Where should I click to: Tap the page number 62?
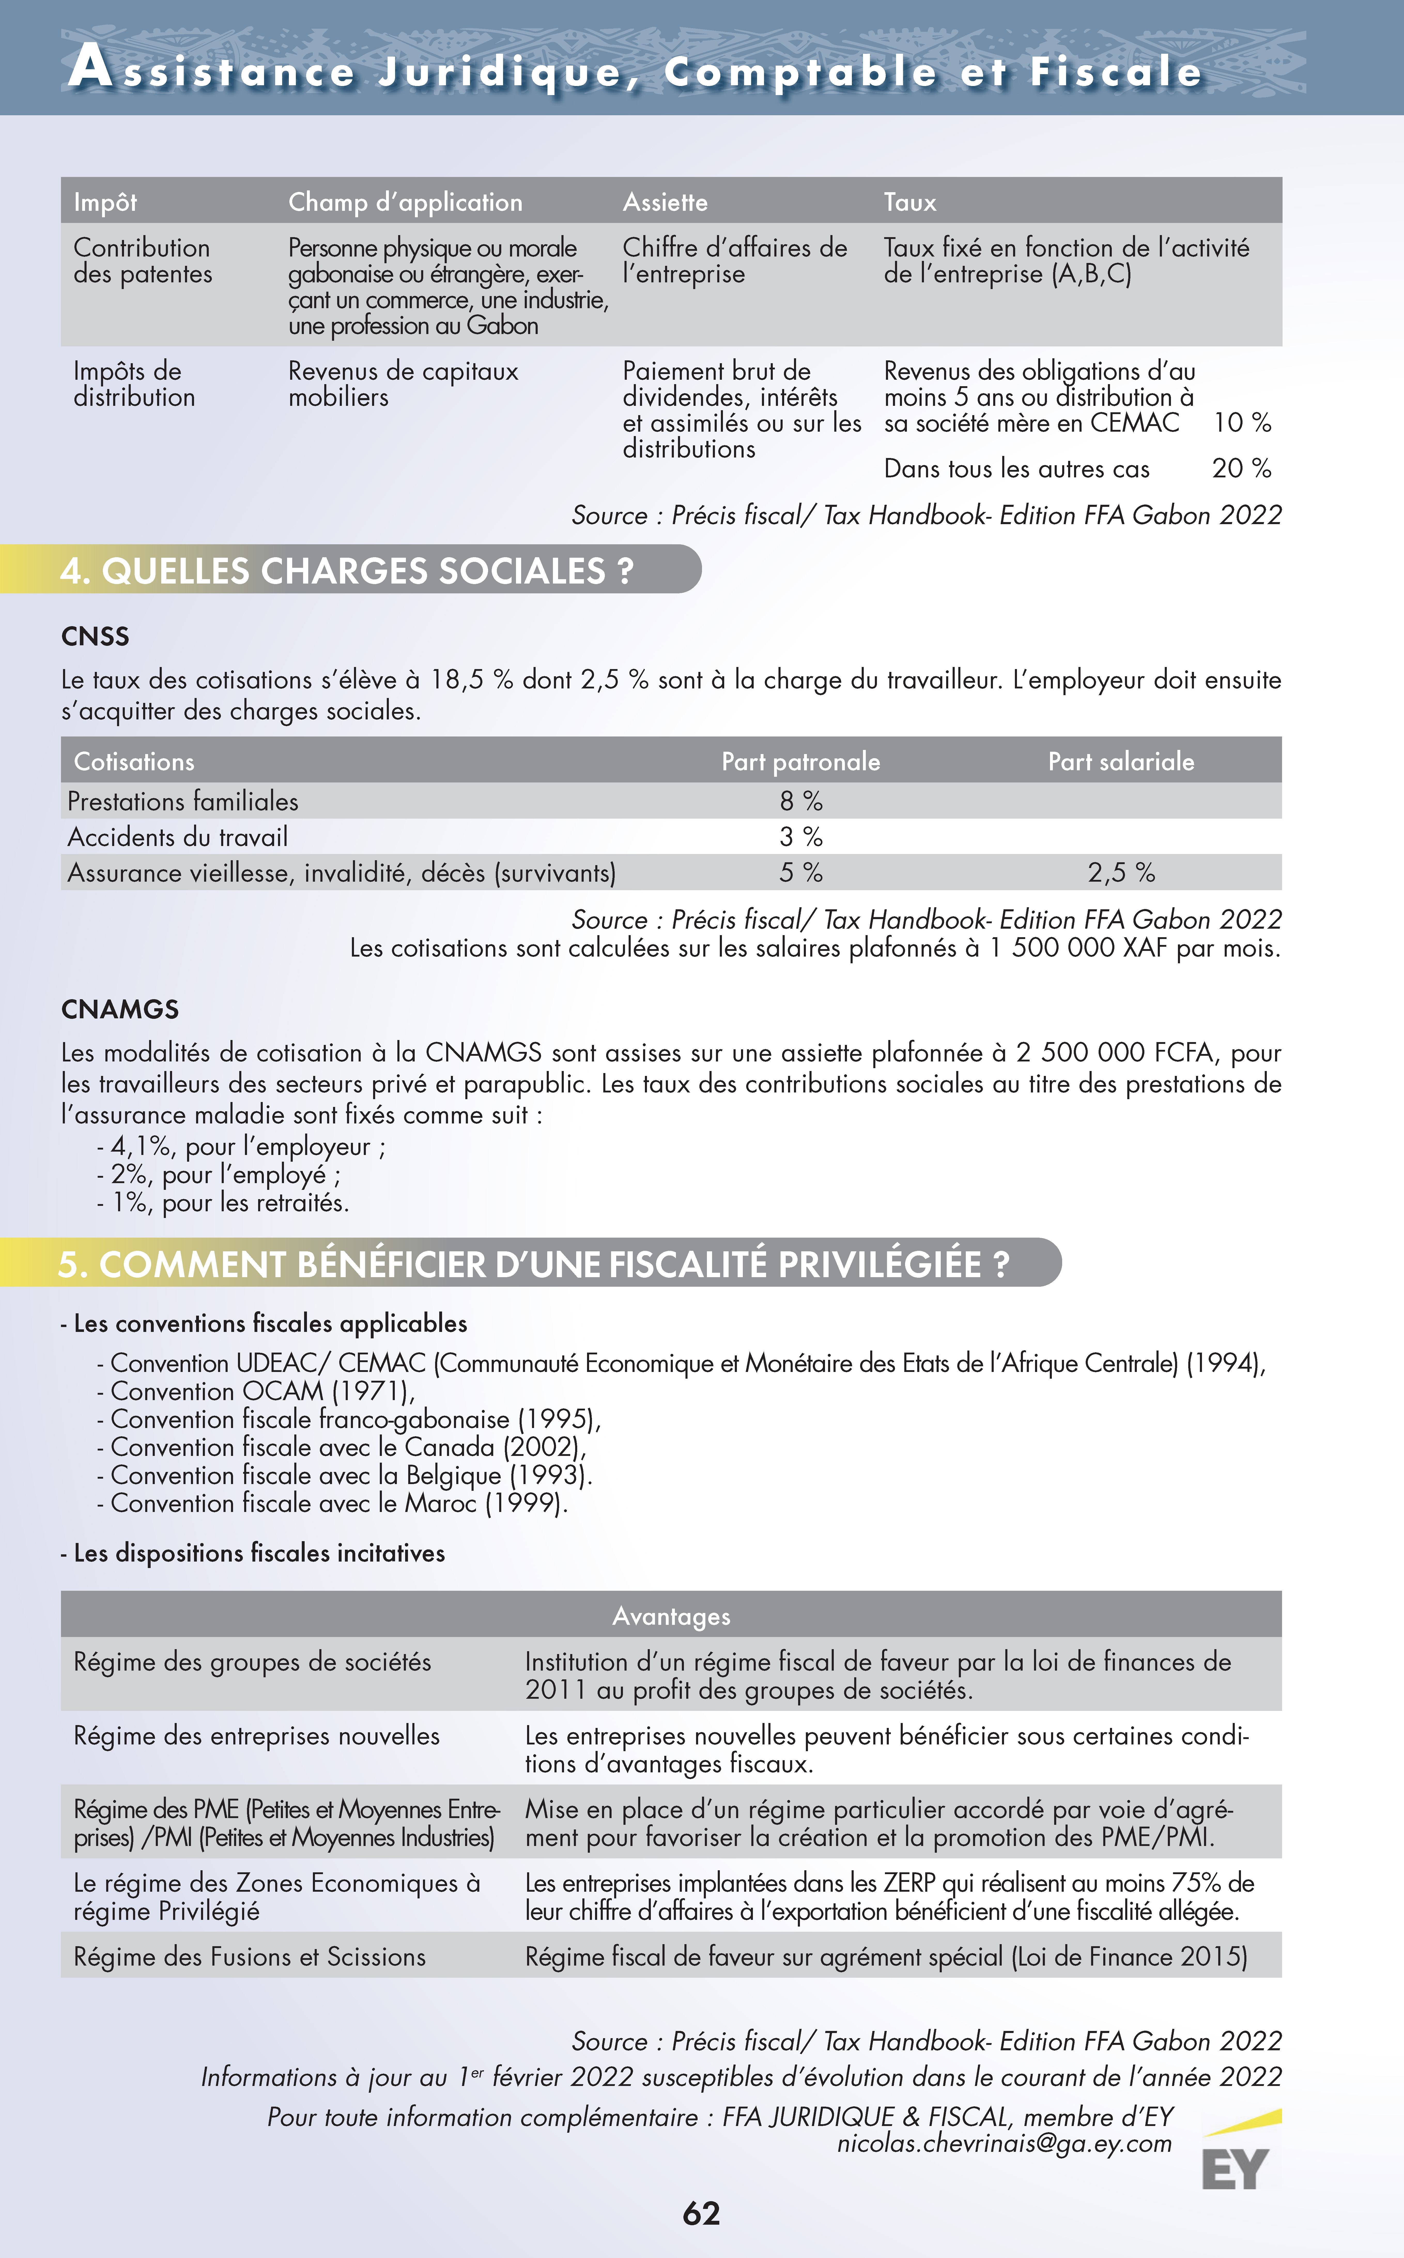pyautogui.click(x=701, y=2213)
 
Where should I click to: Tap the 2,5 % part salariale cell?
pyautogui.click(x=1121, y=873)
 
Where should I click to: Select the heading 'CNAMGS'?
pyautogui.click(x=120, y=1009)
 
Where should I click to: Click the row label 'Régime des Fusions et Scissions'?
pyautogui.click(x=249, y=1957)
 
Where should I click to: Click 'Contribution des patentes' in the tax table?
pyautogui.click(x=142, y=261)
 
